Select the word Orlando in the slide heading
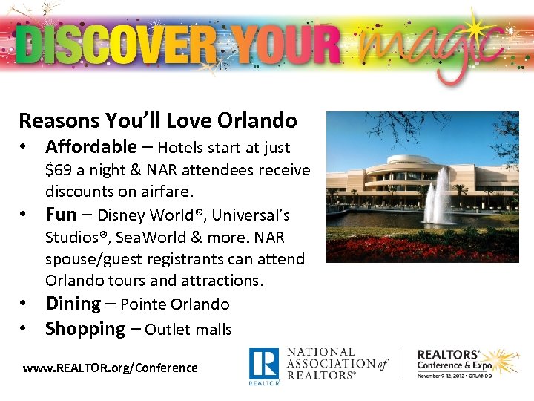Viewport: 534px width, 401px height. pyautogui.click(x=260, y=120)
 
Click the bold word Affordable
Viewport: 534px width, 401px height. pyautogui.click(x=90, y=147)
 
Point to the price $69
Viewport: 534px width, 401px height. pyautogui.click(x=60, y=170)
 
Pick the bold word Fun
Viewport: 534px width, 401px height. pyautogui.click(x=61, y=215)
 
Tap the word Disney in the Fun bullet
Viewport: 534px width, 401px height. pyautogui.click(x=122, y=215)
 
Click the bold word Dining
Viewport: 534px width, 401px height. pyautogui.click(x=73, y=304)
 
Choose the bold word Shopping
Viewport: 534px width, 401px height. pyautogui.click(x=85, y=329)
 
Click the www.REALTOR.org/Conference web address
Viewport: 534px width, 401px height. pyautogui.click(x=111, y=368)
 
